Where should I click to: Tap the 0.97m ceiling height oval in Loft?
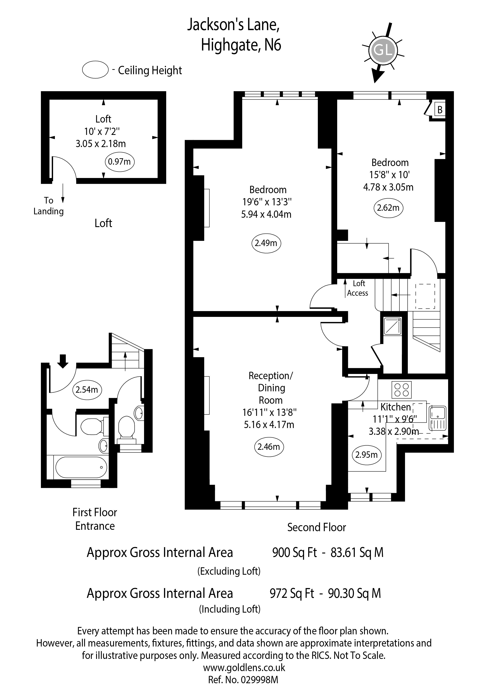[x=120, y=162]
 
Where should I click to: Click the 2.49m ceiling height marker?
[x=266, y=243]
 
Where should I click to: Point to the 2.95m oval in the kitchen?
[x=366, y=455]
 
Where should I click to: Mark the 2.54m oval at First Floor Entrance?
[x=87, y=390]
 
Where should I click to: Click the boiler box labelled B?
[x=440, y=110]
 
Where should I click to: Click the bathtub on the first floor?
[x=81, y=467]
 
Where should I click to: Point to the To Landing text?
[x=48, y=206]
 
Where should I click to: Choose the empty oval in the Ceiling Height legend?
[x=95, y=70]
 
